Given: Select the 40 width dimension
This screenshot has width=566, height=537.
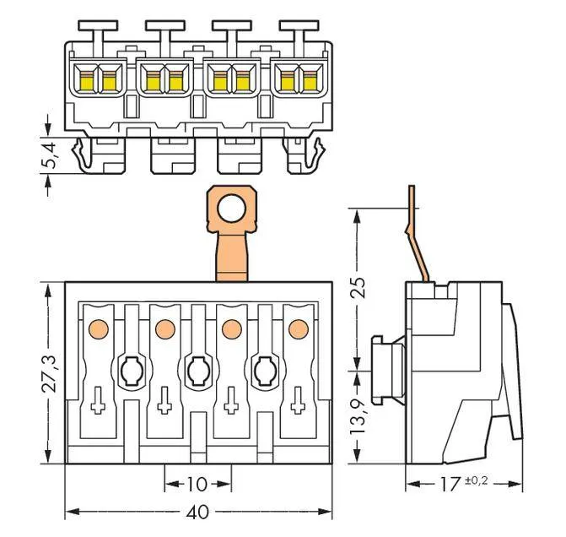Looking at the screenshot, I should click(200, 513).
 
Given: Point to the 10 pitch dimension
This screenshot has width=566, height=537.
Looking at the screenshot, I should click(197, 485).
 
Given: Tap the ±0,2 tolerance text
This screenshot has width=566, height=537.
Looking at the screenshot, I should click(477, 480).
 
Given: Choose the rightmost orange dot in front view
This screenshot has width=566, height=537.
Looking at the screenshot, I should click(296, 327).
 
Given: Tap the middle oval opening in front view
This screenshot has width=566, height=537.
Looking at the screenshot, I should click(197, 369).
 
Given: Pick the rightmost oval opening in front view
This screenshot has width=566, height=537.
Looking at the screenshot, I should click(263, 369).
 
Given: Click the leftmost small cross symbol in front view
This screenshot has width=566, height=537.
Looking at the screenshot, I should click(98, 404).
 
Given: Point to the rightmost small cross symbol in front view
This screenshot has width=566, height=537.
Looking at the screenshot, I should click(296, 404).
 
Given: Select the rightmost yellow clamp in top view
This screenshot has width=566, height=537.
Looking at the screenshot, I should click(310, 80).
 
